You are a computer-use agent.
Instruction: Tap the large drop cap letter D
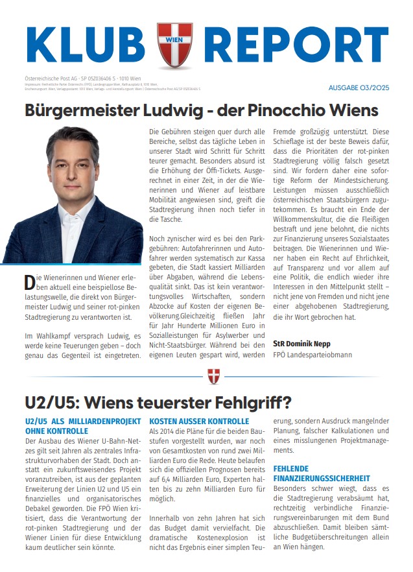pos(29,282)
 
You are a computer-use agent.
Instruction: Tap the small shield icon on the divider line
pos(213,376)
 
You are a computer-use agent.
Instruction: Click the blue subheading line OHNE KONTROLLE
pos(56,431)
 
